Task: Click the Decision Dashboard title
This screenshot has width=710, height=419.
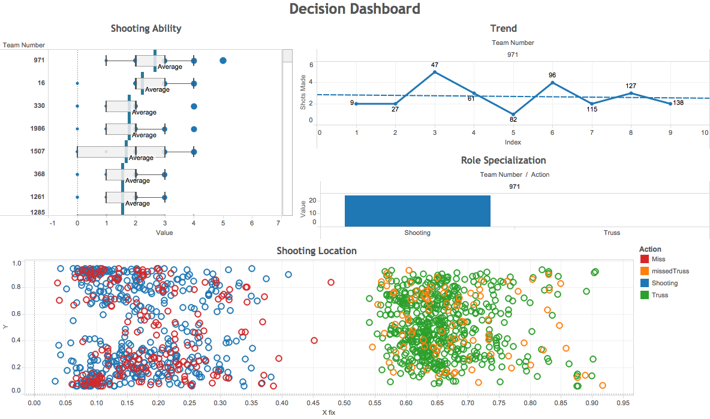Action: coord(354,9)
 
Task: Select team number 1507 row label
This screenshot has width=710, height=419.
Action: coord(37,152)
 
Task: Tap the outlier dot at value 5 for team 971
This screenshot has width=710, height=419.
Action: coord(223,61)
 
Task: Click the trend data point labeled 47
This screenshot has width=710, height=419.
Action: coord(435,72)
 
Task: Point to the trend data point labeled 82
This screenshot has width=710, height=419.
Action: coord(513,114)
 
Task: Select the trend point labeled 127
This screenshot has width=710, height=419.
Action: coord(631,93)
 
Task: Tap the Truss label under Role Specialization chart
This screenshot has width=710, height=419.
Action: coord(612,233)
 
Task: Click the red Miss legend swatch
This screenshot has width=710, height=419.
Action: coord(645,259)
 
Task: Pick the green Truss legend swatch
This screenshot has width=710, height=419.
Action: coord(645,295)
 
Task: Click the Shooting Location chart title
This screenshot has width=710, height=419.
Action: coord(316,251)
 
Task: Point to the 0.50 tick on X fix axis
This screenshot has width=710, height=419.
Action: coord(344,403)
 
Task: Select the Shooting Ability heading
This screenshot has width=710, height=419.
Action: coord(146,28)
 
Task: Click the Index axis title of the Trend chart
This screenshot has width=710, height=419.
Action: coord(513,142)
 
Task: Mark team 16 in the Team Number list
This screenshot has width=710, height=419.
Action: coord(41,83)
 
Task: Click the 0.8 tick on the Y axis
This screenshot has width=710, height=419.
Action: coord(17,287)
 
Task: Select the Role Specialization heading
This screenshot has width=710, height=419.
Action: coord(503,160)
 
